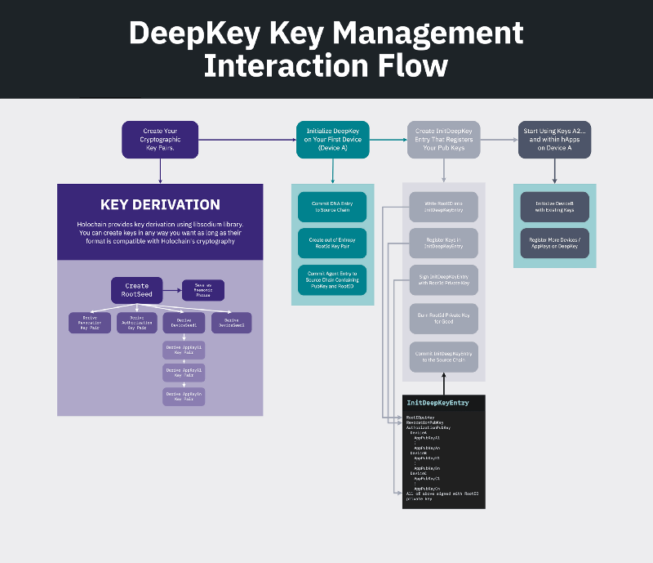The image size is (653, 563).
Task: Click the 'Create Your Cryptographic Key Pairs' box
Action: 160,140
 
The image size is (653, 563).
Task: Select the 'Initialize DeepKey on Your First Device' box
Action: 332,140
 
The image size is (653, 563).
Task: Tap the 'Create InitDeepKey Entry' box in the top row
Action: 444,140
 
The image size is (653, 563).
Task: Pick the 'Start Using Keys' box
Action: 555,140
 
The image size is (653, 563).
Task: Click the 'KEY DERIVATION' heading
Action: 160,204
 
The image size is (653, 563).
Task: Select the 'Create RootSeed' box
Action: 136,290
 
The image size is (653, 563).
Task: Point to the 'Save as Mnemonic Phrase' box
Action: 202,290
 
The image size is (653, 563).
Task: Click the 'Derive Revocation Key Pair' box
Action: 90,323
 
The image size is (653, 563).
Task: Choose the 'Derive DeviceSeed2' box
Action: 231,323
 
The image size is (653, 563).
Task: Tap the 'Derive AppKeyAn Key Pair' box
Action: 184,396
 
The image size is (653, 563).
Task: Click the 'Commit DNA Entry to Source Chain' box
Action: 332,207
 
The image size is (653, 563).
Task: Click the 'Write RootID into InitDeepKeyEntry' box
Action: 444,208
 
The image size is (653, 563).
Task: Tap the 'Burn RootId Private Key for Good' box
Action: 444,319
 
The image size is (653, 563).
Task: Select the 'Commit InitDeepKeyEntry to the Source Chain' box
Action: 444,357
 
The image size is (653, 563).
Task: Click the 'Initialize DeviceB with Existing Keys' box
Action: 555,207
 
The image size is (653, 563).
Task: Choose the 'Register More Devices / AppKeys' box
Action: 555,244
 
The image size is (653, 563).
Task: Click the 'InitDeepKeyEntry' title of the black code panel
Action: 438,403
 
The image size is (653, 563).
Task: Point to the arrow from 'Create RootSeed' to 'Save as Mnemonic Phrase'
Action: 171,289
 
